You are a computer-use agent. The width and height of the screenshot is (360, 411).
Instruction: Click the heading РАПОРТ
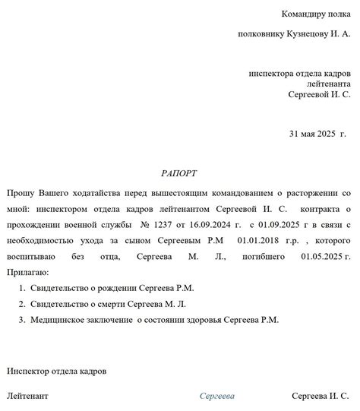[178, 173]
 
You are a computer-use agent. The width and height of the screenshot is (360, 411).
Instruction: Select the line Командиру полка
[315, 14]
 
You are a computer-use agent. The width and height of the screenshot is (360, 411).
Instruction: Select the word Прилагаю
[27, 272]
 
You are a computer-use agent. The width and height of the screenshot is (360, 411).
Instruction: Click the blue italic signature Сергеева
[217, 396]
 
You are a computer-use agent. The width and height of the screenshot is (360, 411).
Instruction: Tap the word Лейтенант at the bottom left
[27, 396]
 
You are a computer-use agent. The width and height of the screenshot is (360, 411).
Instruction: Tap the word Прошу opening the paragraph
[20, 193]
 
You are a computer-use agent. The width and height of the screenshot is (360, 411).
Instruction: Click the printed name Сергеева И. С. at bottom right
[321, 396]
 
